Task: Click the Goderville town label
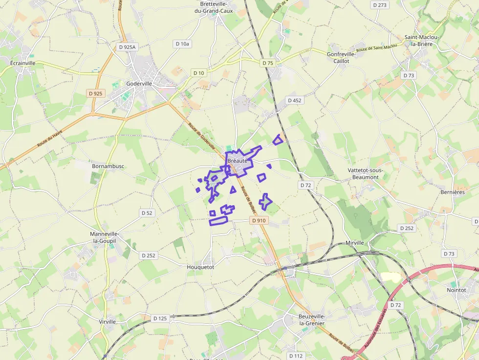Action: (x=139, y=84)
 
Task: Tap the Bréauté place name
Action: (x=238, y=161)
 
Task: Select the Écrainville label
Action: (x=23, y=63)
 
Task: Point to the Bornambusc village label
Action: (x=108, y=166)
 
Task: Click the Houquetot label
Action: (x=200, y=267)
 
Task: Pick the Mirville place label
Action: (x=355, y=243)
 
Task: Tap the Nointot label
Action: (x=456, y=290)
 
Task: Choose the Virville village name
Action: (x=108, y=321)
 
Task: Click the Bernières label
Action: (x=453, y=192)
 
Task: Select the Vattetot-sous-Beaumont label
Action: (x=366, y=173)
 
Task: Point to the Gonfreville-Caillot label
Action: (x=341, y=58)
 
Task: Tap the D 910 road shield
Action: (x=259, y=220)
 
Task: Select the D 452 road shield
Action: (x=295, y=100)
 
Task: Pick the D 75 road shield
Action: (x=268, y=63)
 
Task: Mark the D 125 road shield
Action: (x=160, y=318)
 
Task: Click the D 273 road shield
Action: (x=379, y=5)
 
